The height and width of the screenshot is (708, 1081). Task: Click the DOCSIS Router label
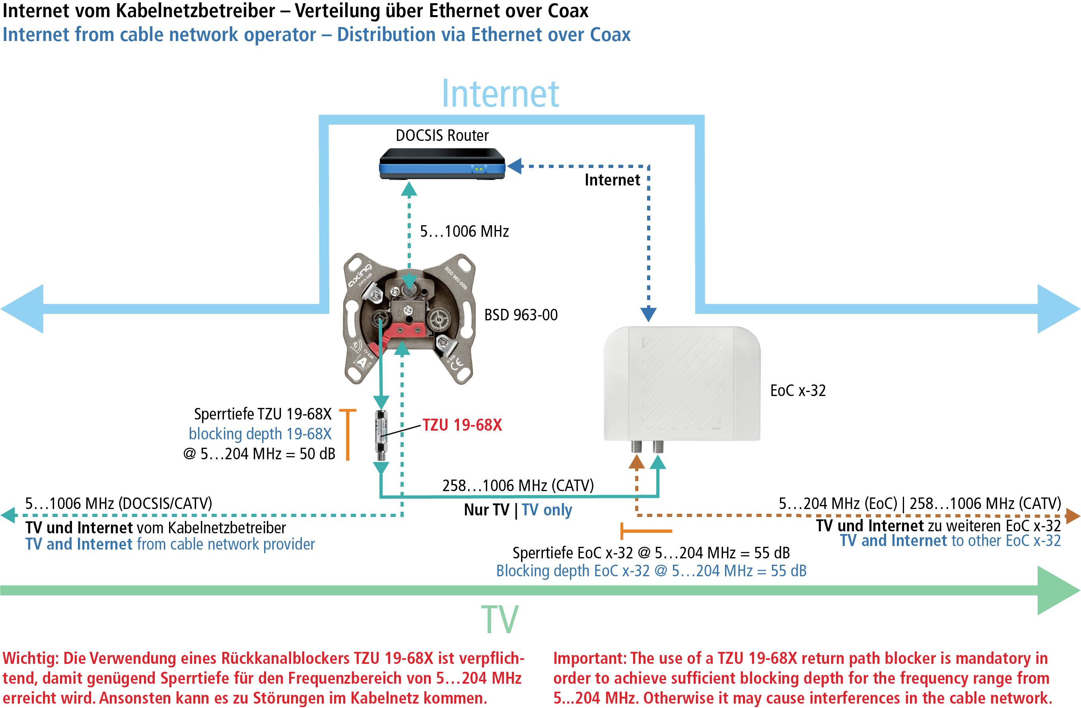(442, 135)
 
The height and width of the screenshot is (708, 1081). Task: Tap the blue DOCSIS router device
(442, 164)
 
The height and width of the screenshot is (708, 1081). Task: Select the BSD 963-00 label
(521, 315)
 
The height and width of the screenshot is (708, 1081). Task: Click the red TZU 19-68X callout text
(462, 425)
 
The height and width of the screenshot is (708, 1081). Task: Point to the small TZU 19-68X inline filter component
(381, 435)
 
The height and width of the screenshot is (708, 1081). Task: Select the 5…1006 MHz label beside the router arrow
(464, 231)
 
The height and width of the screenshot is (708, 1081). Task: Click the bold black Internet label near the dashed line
(612, 180)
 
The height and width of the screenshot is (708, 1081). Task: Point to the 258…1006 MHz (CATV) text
(518, 485)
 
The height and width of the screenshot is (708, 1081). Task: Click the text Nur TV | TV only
(518, 510)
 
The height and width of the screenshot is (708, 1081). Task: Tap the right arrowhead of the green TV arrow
(1058, 591)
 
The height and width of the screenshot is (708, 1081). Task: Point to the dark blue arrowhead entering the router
(515, 166)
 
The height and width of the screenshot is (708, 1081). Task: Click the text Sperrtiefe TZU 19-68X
(262, 414)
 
